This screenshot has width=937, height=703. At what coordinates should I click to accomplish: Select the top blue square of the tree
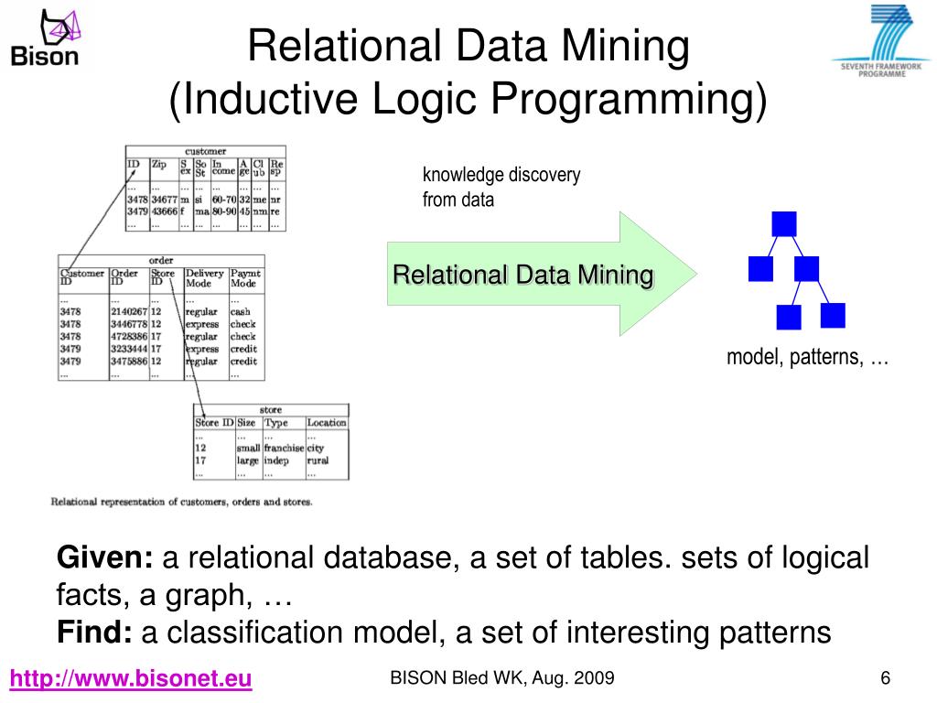784,223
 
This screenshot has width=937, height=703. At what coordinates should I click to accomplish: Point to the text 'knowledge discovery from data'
501,187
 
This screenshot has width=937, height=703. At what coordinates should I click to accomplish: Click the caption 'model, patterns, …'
808,357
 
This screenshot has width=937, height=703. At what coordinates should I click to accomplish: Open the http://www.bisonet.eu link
131,679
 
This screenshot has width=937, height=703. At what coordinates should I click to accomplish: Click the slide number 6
885,678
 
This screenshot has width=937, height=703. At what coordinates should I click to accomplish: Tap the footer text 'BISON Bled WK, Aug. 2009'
502,678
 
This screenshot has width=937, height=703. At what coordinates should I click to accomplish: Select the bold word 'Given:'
105,557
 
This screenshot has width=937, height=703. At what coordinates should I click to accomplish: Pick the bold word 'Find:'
95,632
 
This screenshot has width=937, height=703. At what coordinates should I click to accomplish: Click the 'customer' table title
205,151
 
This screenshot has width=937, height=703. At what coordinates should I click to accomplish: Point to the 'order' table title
161,261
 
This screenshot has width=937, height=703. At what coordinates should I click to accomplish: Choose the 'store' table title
271,410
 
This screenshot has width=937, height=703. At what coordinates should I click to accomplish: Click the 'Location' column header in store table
327,423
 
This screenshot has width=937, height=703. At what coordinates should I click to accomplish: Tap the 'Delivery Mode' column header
204,278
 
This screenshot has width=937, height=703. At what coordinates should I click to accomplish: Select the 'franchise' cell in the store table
284,449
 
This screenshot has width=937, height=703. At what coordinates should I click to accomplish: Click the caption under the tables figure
181,502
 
